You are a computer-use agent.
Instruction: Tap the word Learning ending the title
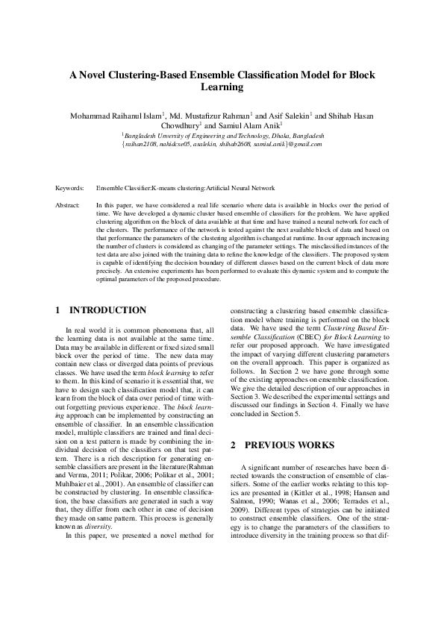[222, 87]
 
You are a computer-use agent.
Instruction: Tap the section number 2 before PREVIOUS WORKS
[233, 445]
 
